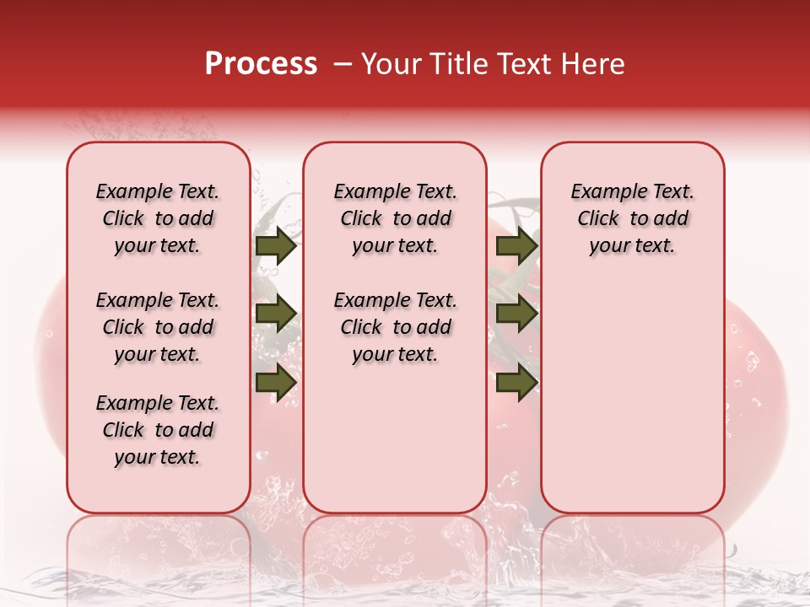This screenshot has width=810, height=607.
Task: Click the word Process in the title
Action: pyautogui.click(x=261, y=64)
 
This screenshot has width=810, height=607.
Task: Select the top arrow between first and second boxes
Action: pyautogui.click(x=275, y=246)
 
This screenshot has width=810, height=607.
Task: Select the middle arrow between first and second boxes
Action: pyautogui.click(x=275, y=314)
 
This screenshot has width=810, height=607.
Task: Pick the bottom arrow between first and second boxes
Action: pyautogui.click(x=275, y=382)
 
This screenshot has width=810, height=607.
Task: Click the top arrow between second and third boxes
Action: pyautogui.click(x=516, y=246)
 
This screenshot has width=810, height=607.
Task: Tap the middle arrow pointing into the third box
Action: pyautogui.click(x=516, y=314)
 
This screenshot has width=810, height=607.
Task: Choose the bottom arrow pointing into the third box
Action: pyautogui.click(x=516, y=382)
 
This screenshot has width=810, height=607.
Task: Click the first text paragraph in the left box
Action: pyautogui.click(x=158, y=218)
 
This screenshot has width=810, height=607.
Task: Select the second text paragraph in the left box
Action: pyautogui.click(x=158, y=327)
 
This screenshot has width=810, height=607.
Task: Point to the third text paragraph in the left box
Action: pyautogui.click(x=158, y=430)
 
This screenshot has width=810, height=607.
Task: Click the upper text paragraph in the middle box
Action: pyautogui.click(x=395, y=218)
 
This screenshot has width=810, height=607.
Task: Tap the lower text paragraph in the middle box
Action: pyautogui.click(x=395, y=327)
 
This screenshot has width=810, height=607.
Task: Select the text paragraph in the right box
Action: pyautogui.click(x=632, y=218)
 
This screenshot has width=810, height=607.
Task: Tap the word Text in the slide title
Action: pyautogui.click(x=525, y=64)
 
